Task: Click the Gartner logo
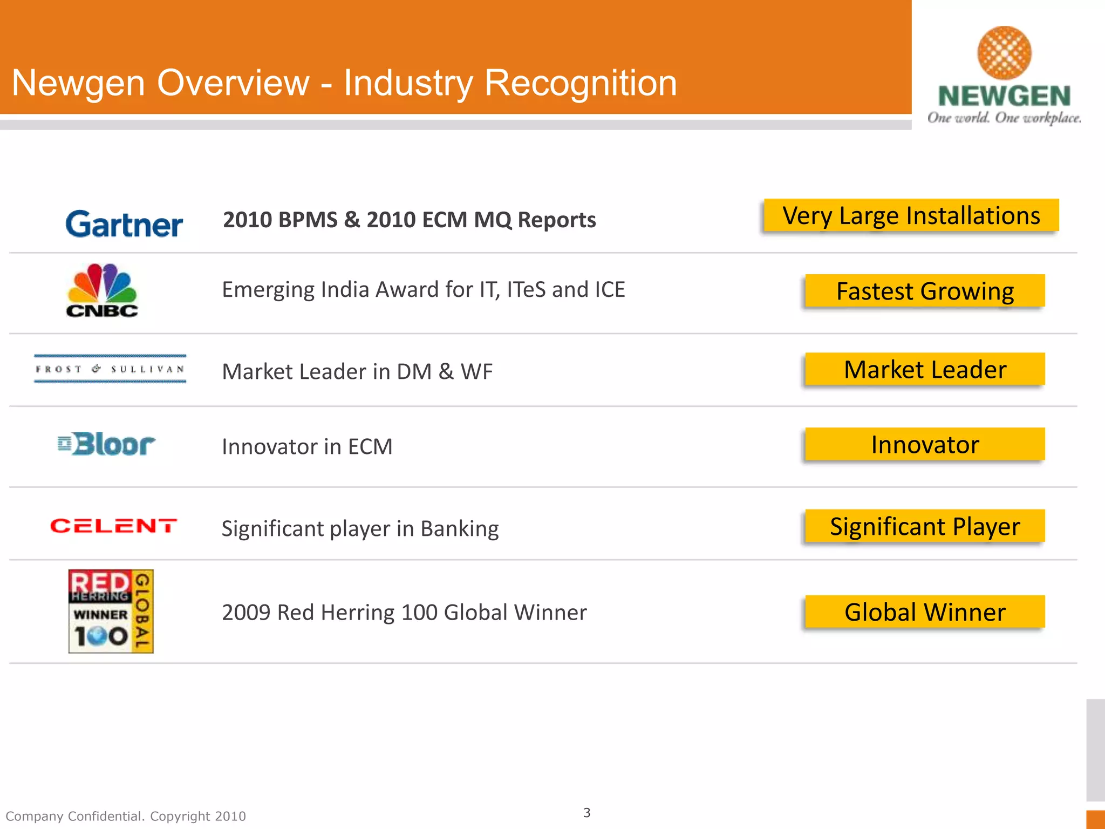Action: point(124,225)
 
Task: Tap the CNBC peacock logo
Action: point(102,290)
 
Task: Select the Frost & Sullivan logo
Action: point(110,369)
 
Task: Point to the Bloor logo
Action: point(107,444)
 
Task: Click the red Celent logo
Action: point(113,526)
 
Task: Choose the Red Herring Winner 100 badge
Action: point(111,611)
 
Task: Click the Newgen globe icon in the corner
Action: point(1004,53)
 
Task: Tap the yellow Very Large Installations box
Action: point(911,216)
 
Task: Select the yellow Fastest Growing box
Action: point(925,291)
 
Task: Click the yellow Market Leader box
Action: point(925,370)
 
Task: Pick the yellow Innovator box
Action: point(925,445)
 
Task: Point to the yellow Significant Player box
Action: point(925,526)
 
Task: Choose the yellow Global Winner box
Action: point(925,612)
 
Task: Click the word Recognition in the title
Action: point(580,83)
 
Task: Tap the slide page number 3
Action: point(587,813)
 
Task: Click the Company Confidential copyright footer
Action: point(126,816)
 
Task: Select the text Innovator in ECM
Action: point(307,447)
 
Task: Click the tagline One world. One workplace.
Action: point(1004,118)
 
